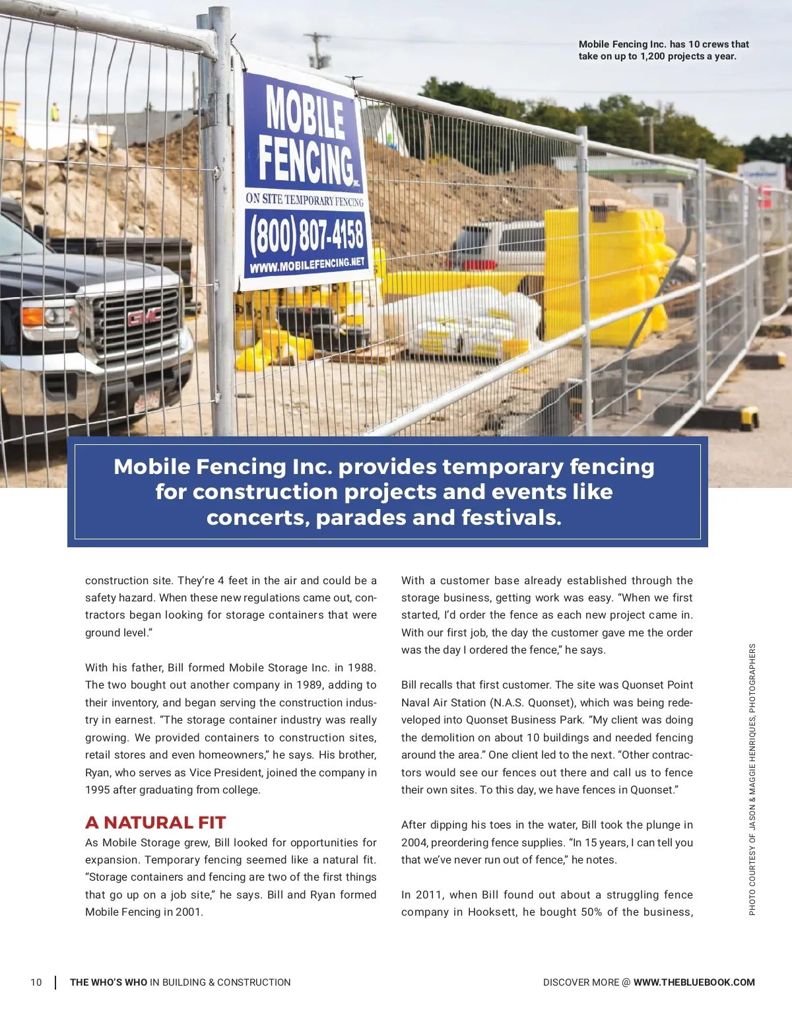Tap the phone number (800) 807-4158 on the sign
pyautogui.click(x=308, y=234)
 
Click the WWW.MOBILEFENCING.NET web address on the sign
pyautogui.click(x=308, y=265)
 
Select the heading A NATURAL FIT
pyautogui.click(x=156, y=823)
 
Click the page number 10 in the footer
pyautogui.click(x=36, y=982)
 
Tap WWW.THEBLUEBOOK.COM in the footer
pyautogui.click(x=694, y=982)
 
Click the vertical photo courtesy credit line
pyautogui.click(x=752, y=779)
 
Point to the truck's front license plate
pyautogui.click(x=147, y=401)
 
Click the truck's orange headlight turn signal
pyautogui.click(x=33, y=316)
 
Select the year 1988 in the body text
pyautogui.click(x=360, y=667)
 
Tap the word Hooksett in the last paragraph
pyautogui.click(x=492, y=912)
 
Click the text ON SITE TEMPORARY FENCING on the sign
pyautogui.click(x=304, y=199)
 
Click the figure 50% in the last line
pyautogui.click(x=588, y=912)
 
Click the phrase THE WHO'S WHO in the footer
pyautogui.click(x=108, y=982)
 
